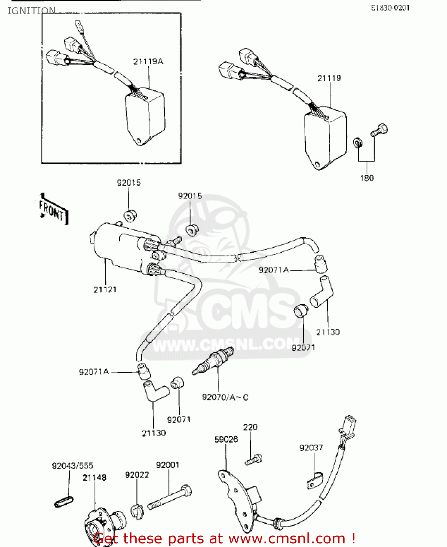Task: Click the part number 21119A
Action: coord(148,62)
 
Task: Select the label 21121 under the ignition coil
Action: coord(105,290)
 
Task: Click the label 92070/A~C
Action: coord(225,397)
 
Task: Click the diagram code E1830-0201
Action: coord(390,8)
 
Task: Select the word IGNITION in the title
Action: coord(32,11)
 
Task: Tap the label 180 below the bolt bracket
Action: coord(367,178)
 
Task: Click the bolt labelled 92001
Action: coord(170,497)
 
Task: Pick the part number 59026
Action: coord(226,439)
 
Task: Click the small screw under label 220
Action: coord(254,459)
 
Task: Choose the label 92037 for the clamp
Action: coord(311,447)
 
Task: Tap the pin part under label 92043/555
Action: coord(64,502)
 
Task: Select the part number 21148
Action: coord(94,477)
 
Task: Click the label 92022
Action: coord(137,475)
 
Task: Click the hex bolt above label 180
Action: coord(380,129)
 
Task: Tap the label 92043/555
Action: coord(72,466)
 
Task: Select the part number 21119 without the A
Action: coord(329,78)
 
